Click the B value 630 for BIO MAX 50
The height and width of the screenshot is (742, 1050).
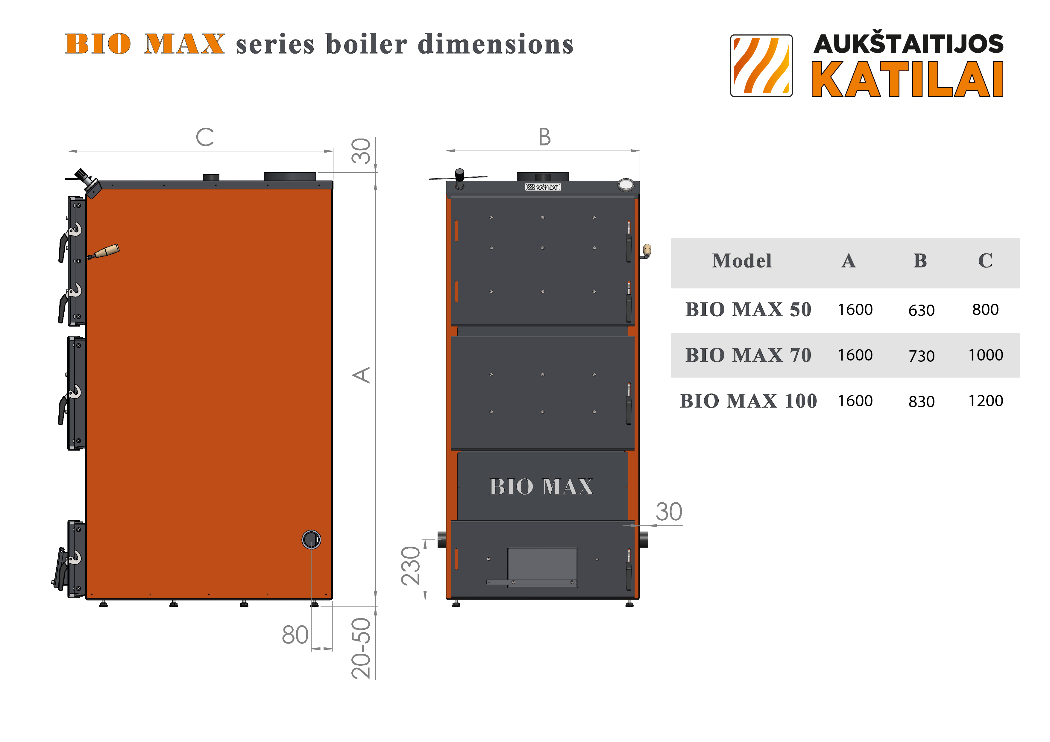[x=921, y=311]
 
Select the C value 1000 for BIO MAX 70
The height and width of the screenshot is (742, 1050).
[x=986, y=355]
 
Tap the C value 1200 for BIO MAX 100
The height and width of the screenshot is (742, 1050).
[x=986, y=401]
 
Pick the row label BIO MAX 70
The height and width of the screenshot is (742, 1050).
[x=748, y=355]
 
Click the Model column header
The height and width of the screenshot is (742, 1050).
[x=742, y=261]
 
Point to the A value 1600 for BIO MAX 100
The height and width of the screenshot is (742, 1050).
[x=855, y=401]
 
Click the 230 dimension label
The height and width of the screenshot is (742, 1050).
[x=411, y=566]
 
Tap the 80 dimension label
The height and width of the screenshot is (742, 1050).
[x=295, y=635]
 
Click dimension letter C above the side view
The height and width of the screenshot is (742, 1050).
[x=205, y=137]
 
